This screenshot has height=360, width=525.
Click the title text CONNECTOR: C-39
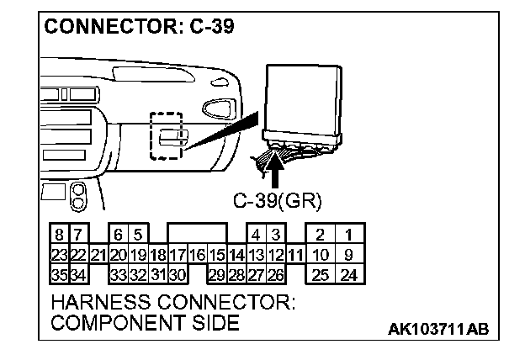click(140, 26)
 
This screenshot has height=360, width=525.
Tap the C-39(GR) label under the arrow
click(277, 201)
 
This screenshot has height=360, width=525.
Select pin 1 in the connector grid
click(350, 235)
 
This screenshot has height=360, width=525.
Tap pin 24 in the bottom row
click(350, 273)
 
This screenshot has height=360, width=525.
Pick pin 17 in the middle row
click(177, 254)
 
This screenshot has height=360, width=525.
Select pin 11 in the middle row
click(294, 254)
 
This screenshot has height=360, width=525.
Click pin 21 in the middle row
click(98, 254)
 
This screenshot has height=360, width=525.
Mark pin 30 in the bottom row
click(177, 273)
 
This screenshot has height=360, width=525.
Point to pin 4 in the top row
click(255, 235)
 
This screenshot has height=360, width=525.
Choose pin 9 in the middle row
click(350, 254)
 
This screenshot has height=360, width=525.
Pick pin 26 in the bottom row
click(275, 273)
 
